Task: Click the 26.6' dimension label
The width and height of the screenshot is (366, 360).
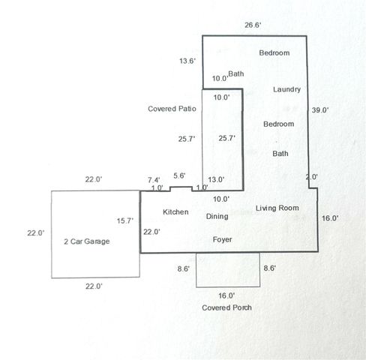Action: coord(253,25)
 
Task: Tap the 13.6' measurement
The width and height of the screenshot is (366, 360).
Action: coord(187,61)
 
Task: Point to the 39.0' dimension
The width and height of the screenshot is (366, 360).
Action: coord(320,110)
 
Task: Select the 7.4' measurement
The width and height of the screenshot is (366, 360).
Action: coord(154,180)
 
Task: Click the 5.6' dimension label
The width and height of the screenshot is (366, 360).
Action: coord(179,175)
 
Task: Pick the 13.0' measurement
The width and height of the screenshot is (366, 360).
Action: coord(216,179)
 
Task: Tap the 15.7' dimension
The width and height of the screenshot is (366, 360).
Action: coord(125,221)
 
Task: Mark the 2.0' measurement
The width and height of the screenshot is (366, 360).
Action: coord(312,177)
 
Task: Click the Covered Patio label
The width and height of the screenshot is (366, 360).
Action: coord(172,109)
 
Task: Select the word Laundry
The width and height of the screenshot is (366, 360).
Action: coord(286,89)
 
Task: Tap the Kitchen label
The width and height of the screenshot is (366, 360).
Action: coord(175,212)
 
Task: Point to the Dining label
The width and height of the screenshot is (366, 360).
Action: coord(217,217)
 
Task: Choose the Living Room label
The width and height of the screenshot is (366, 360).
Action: coord(277,208)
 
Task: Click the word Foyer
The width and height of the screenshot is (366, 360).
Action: coord(222,240)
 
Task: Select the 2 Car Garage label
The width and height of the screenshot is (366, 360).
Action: coord(87,241)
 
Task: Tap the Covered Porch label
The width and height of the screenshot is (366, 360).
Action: coord(226,307)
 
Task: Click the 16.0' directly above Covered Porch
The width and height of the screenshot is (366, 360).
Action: coord(226,295)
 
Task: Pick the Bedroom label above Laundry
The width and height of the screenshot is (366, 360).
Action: coord(274,53)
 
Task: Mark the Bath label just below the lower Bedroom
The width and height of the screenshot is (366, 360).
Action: coord(280,154)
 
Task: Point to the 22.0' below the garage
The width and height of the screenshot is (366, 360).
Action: coord(94,286)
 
